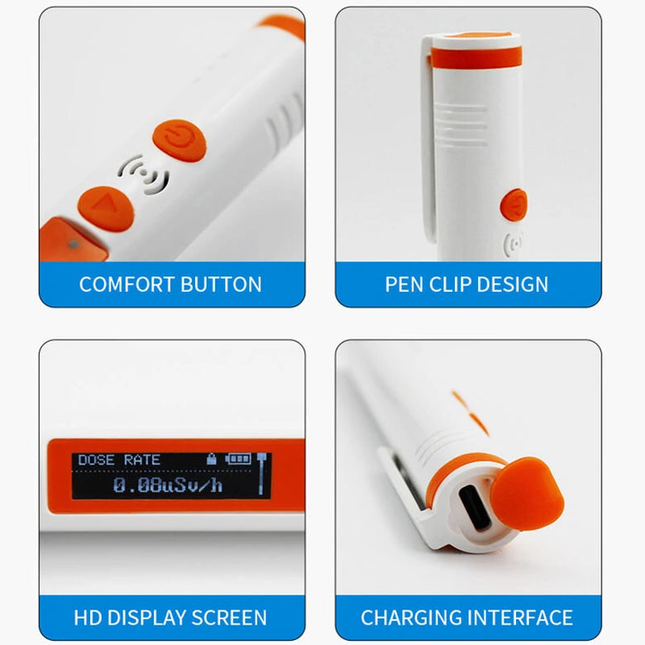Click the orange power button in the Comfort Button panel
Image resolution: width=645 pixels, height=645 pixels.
click(179, 140)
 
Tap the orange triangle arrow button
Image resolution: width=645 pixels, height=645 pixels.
click(106, 208)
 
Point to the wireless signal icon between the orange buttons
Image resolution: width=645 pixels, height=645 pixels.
click(144, 174)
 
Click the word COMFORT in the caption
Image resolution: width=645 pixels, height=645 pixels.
click(127, 284)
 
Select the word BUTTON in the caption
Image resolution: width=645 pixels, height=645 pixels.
click(221, 284)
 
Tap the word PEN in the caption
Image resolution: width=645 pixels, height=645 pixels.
click(404, 284)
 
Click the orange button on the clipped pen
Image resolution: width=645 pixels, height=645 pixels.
click(514, 205)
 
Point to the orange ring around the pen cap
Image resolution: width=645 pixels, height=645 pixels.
click(476, 57)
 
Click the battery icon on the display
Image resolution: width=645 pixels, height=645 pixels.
click(238, 459)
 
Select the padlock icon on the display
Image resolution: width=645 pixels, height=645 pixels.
click(212, 459)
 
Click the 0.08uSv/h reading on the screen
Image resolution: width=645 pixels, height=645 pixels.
click(168, 485)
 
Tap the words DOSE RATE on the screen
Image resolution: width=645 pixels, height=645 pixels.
click(119, 460)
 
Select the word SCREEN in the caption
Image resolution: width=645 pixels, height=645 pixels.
click(229, 618)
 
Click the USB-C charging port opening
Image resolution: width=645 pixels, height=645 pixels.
click(475, 509)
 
